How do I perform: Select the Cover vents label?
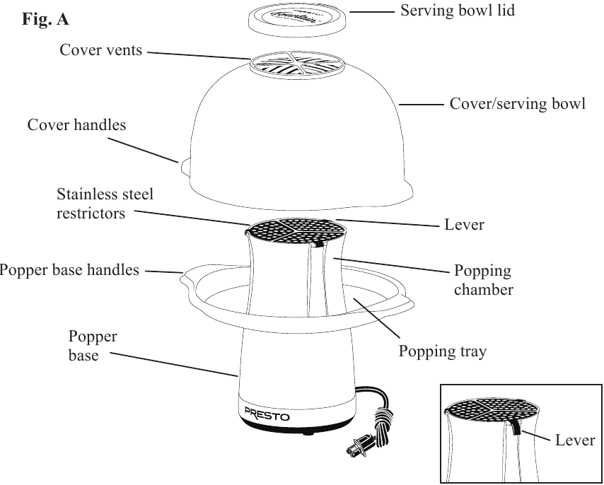101,50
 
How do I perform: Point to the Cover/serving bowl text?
518,104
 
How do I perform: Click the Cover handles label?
76,125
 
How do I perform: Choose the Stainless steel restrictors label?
105,203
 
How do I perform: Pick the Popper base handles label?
69,270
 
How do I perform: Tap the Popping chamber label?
484,281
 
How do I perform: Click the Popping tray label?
442,351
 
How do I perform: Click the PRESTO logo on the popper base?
267,415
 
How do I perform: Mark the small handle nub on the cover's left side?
183,165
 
